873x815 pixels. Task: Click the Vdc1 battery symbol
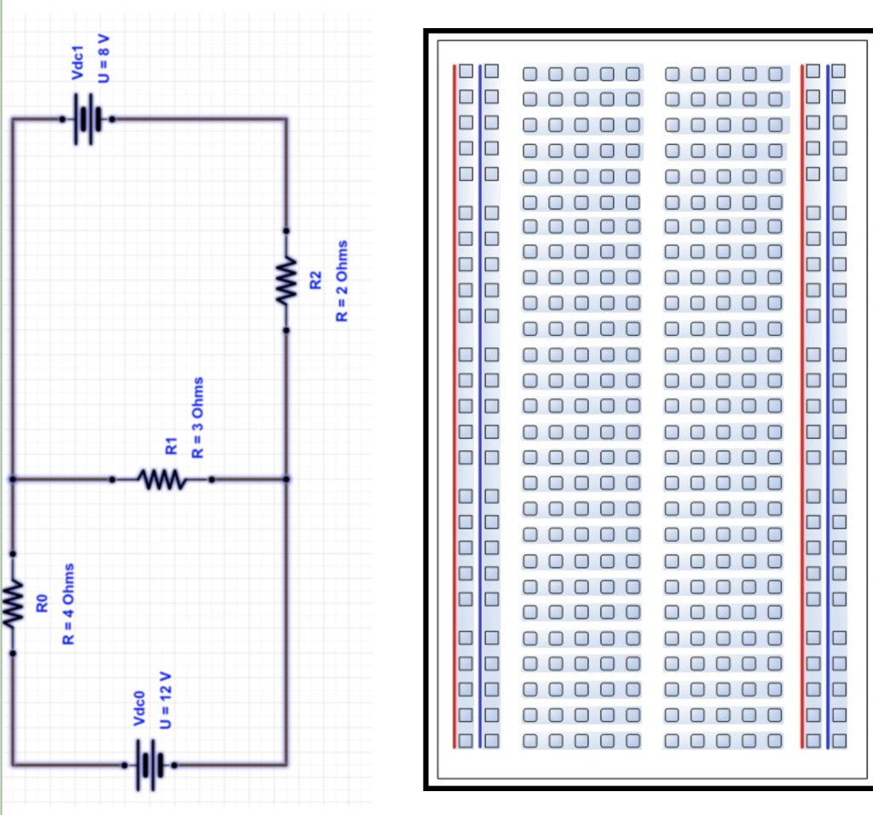[86, 120]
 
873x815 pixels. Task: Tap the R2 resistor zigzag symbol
[286, 280]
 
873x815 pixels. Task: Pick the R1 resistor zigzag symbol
[162, 480]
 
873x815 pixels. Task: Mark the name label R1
[171, 444]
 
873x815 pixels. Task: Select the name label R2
[315, 280]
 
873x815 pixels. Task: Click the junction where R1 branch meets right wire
[286, 480]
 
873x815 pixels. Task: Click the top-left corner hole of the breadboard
[466, 72]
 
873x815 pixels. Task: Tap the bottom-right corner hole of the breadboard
[839, 740]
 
